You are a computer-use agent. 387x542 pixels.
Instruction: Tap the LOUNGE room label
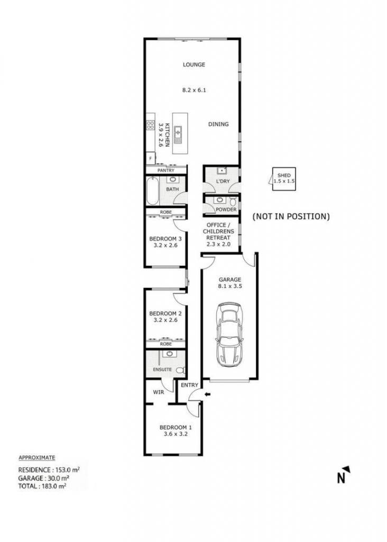coord(193,64)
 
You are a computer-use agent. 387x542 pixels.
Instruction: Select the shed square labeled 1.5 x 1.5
coord(284,179)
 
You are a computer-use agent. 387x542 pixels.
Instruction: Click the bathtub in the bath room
coord(152,191)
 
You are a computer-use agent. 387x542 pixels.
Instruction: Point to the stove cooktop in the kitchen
coord(150,125)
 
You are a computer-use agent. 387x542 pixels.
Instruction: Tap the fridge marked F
coord(150,159)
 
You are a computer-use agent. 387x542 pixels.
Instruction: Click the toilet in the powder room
coord(233,201)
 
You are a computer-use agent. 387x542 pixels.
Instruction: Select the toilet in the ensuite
coord(180,370)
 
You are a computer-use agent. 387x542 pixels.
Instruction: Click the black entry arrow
coord(207,394)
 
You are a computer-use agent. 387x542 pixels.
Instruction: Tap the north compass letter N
coord(340,478)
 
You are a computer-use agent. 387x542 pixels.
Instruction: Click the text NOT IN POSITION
coord(291,216)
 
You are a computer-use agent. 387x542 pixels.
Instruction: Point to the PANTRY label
coord(165,170)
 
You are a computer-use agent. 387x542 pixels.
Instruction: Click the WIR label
coord(159,392)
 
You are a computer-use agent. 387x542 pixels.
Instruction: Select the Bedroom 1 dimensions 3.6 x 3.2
coord(176,434)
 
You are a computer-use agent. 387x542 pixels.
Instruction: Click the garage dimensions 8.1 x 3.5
coord(229,286)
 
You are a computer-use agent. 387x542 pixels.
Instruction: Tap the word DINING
coord(218,124)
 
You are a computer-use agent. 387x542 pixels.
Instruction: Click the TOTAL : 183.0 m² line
coord(42,486)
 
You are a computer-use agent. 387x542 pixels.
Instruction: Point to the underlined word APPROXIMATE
coord(36,458)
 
